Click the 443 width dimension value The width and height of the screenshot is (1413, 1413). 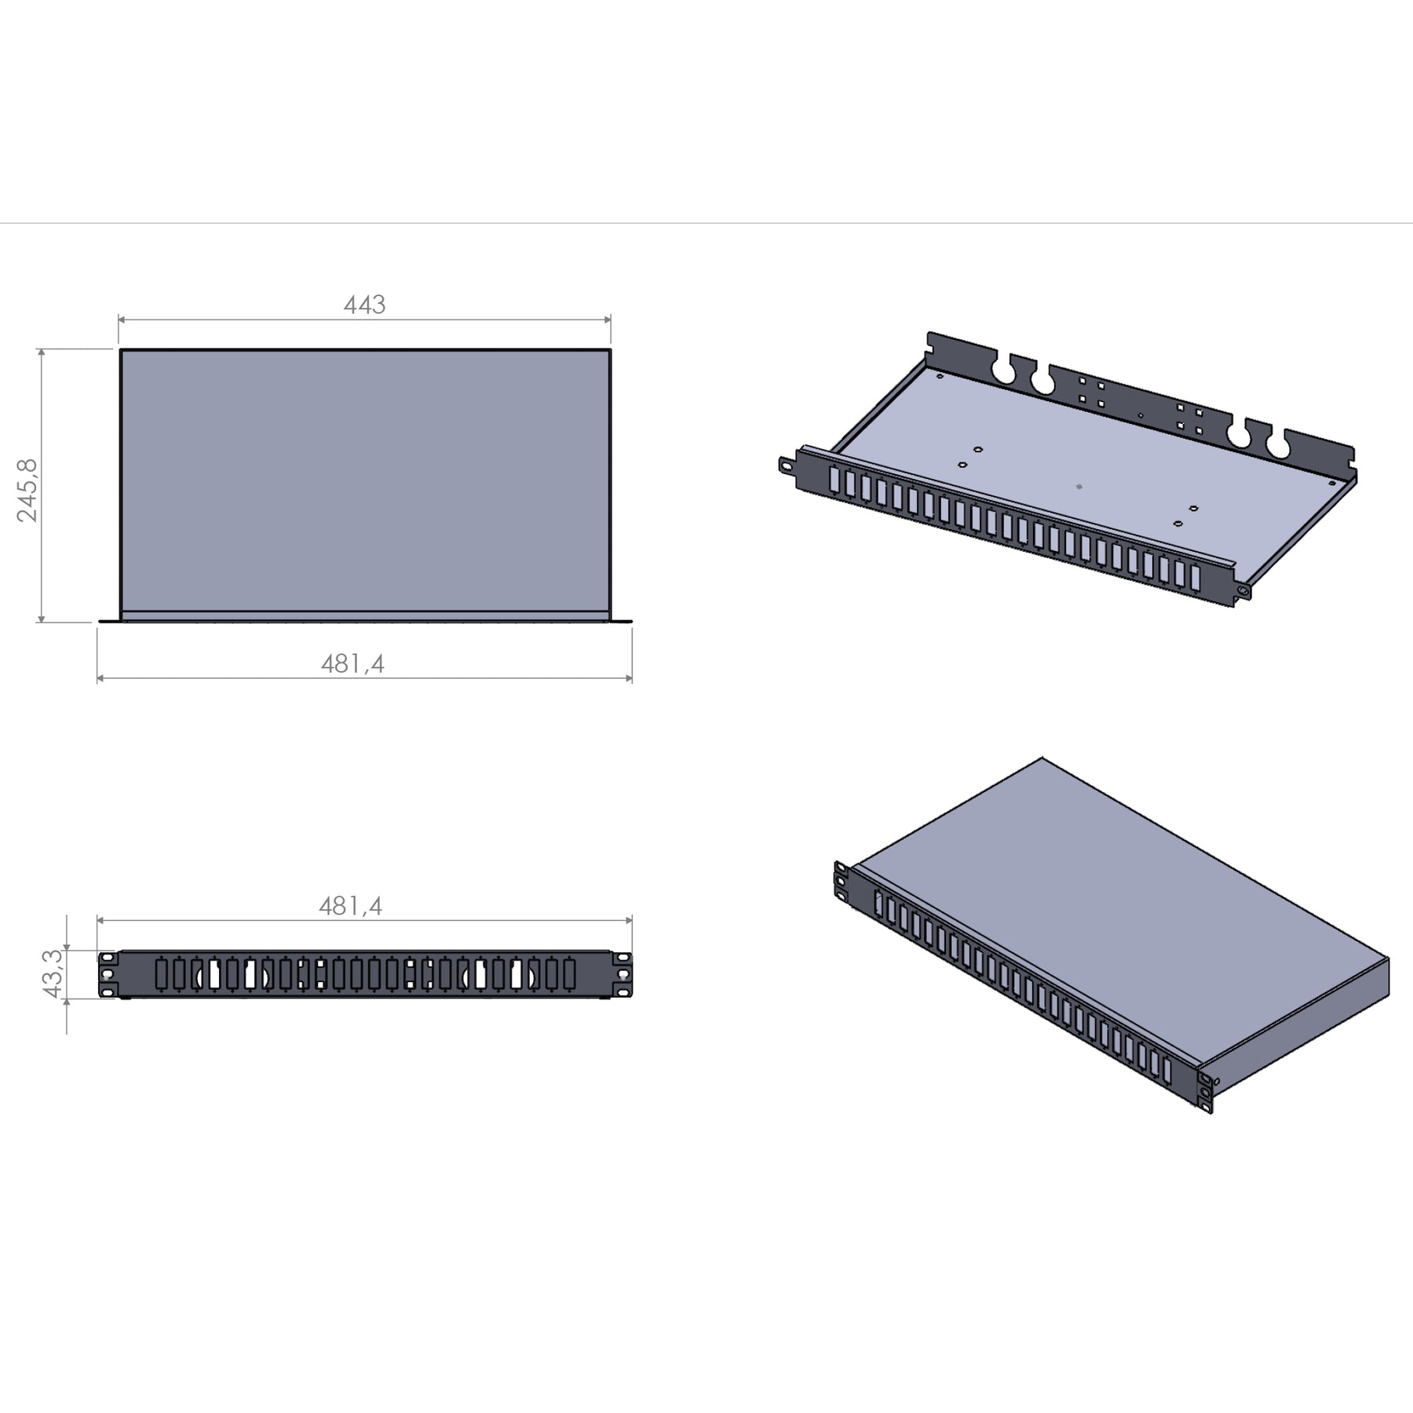pos(364,305)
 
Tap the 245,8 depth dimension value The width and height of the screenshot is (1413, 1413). pos(28,491)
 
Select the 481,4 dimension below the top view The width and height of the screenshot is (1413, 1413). pos(352,664)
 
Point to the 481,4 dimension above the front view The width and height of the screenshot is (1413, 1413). pos(350,907)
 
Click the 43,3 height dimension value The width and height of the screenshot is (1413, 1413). pos(53,973)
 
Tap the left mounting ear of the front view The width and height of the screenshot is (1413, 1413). pos(108,974)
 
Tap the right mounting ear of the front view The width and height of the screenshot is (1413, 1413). pos(622,974)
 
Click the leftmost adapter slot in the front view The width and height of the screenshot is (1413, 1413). pos(162,974)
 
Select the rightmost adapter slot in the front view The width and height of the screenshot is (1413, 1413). pos(569,974)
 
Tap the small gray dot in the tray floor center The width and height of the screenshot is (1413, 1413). pos(1079,487)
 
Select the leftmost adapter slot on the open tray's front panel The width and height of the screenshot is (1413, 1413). pos(834,480)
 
